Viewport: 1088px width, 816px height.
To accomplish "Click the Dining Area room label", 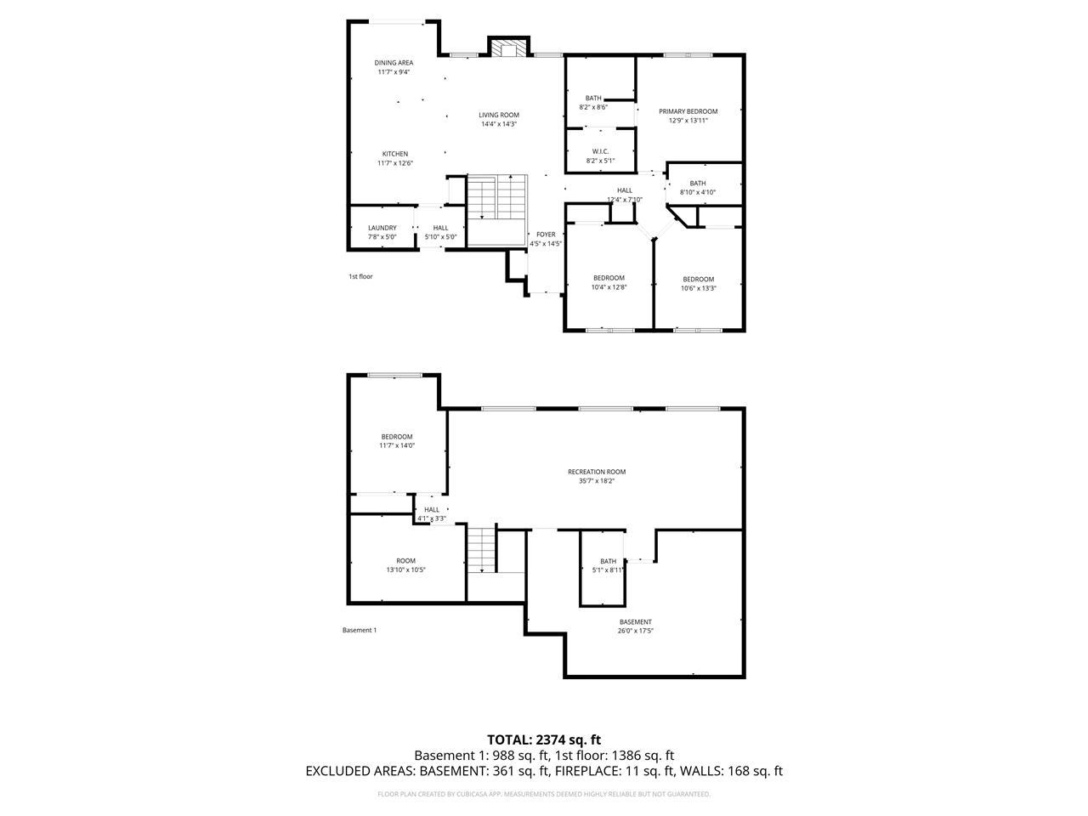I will pyautogui.click(x=394, y=63).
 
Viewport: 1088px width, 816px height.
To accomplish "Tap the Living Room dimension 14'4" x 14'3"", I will pyautogui.click(x=498, y=124).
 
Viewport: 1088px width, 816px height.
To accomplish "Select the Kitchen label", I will pyautogui.click(x=394, y=154).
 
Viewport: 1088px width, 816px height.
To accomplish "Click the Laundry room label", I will pyautogui.click(x=382, y=228).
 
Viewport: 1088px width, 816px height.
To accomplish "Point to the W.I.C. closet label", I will pyautogui.click(x=600, y=151).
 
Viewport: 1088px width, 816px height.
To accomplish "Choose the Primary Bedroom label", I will pyautogui.click(x=688, y=111).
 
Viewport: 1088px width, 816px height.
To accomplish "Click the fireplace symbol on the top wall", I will pyautogui.click(x=509, y=49).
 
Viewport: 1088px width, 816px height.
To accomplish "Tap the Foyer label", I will pyautogui.click(x=545, y=235).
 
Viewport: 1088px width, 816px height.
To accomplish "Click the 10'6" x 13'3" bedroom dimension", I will pyautogui.click(x=698, y=288).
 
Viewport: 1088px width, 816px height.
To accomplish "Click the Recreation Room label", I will pyautogui.click(x=597, y=472).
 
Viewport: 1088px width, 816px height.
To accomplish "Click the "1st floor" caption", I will pyautogui.click(x=360, y=276).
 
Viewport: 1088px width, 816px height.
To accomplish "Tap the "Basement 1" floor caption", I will pyautogui.click(x=359, y=630).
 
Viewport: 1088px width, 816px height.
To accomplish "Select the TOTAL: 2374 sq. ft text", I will pyautogui.click(x=543, y=739).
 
